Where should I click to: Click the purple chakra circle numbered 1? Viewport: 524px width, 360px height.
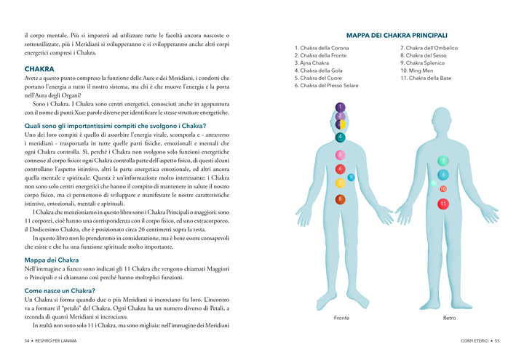point(340,107)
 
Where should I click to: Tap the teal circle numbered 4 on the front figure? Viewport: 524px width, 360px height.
point(340,137)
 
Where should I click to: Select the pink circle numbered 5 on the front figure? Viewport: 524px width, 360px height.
point(340,155)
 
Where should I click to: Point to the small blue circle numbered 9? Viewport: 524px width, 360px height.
point(351,177)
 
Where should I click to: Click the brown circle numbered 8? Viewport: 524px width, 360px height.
point(340,199)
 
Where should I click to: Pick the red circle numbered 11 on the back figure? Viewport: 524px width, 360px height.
point(443,204)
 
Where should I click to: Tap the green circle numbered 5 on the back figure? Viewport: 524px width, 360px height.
point(443,160)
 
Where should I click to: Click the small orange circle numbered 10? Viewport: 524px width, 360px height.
point(443,189)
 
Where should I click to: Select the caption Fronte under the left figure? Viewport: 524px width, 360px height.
point(341,318)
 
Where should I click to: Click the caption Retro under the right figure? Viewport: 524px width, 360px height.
point(449,318)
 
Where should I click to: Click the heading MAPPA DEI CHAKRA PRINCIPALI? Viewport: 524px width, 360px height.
point(397,34)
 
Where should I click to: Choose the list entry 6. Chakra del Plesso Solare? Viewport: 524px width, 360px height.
point(326,86)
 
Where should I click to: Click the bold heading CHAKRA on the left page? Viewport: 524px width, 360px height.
point(39,69)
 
